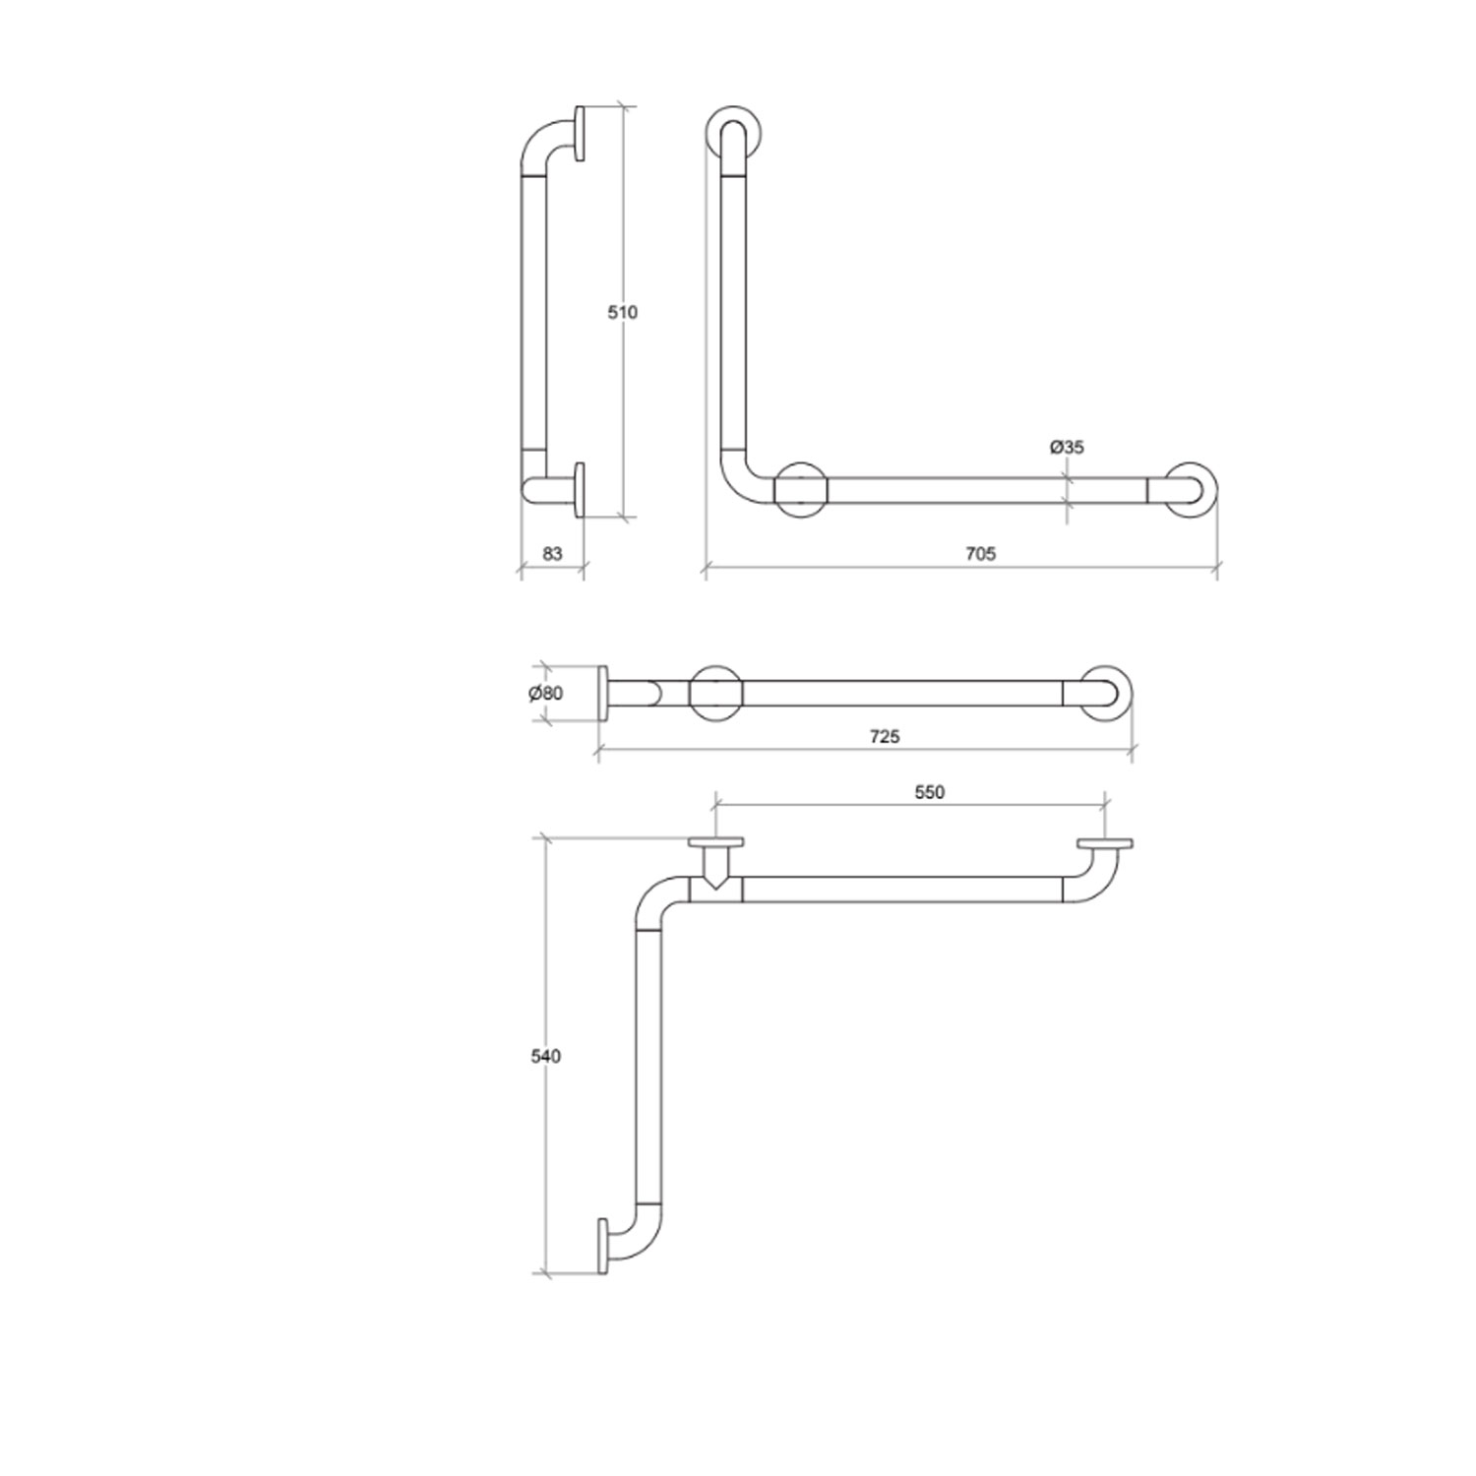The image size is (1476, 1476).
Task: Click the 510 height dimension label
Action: pos(622,312)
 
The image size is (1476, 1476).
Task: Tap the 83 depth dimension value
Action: pos(552,554)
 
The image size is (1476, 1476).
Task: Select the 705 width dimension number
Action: pos(980,554)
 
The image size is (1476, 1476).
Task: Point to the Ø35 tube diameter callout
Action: pos(1067,448)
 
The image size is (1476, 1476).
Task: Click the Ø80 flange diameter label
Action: pos(546,694)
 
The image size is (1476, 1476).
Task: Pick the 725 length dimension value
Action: pos(885,736)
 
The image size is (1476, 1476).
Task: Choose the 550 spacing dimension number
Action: pos(929,792)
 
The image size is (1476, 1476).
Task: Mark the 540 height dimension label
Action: pos(545,1057)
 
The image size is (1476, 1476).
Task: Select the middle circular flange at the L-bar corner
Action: pos(801,489)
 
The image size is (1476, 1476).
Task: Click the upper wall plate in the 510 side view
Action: pos(581,133)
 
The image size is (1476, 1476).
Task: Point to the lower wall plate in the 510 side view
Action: pos(580,489)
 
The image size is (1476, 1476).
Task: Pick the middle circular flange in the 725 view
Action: pos(715,693)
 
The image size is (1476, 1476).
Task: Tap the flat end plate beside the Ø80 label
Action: pos(603,694)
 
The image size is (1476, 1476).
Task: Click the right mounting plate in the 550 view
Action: pos(1105,844)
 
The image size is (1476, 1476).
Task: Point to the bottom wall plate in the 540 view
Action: pos(602,1247)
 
